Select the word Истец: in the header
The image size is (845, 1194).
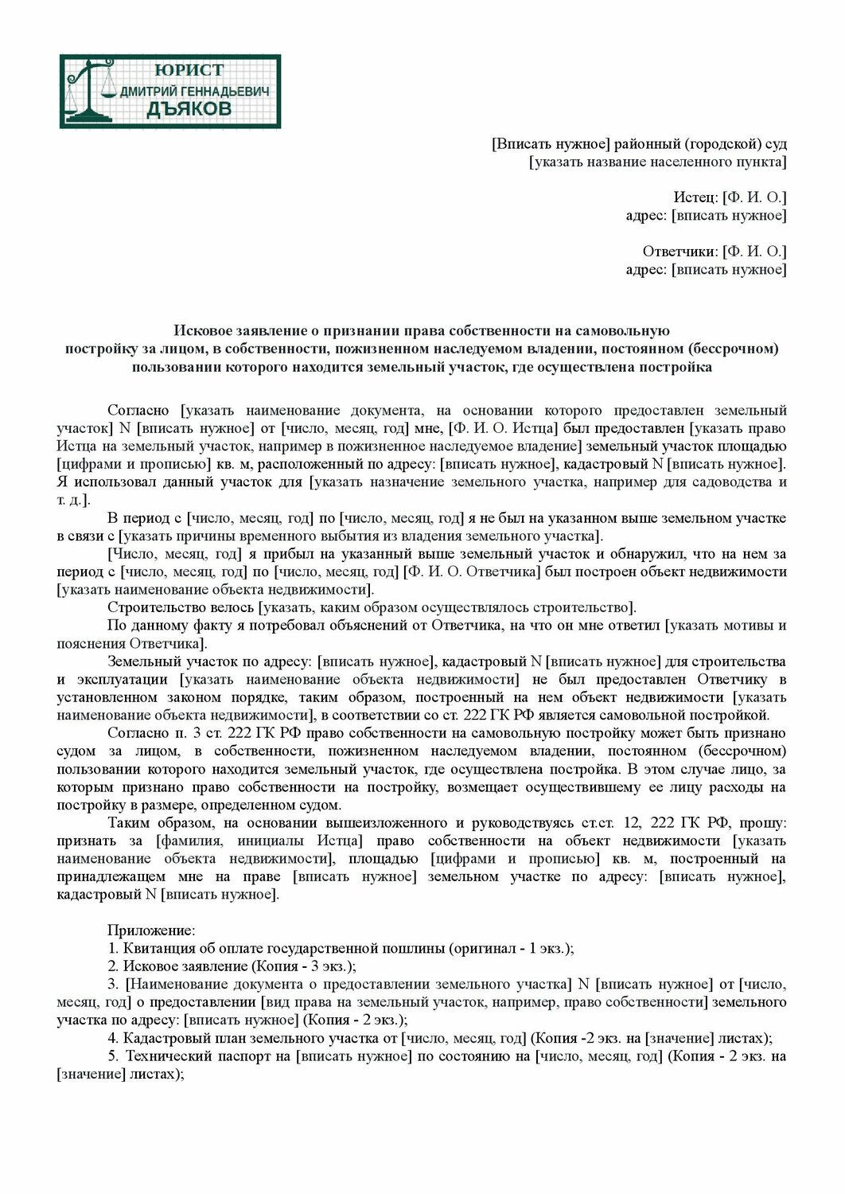(696, 197)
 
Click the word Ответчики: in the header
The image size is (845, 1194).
(680, 252)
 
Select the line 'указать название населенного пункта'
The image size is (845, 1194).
(657, 162)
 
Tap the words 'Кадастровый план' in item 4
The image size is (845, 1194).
(173, 1038)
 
